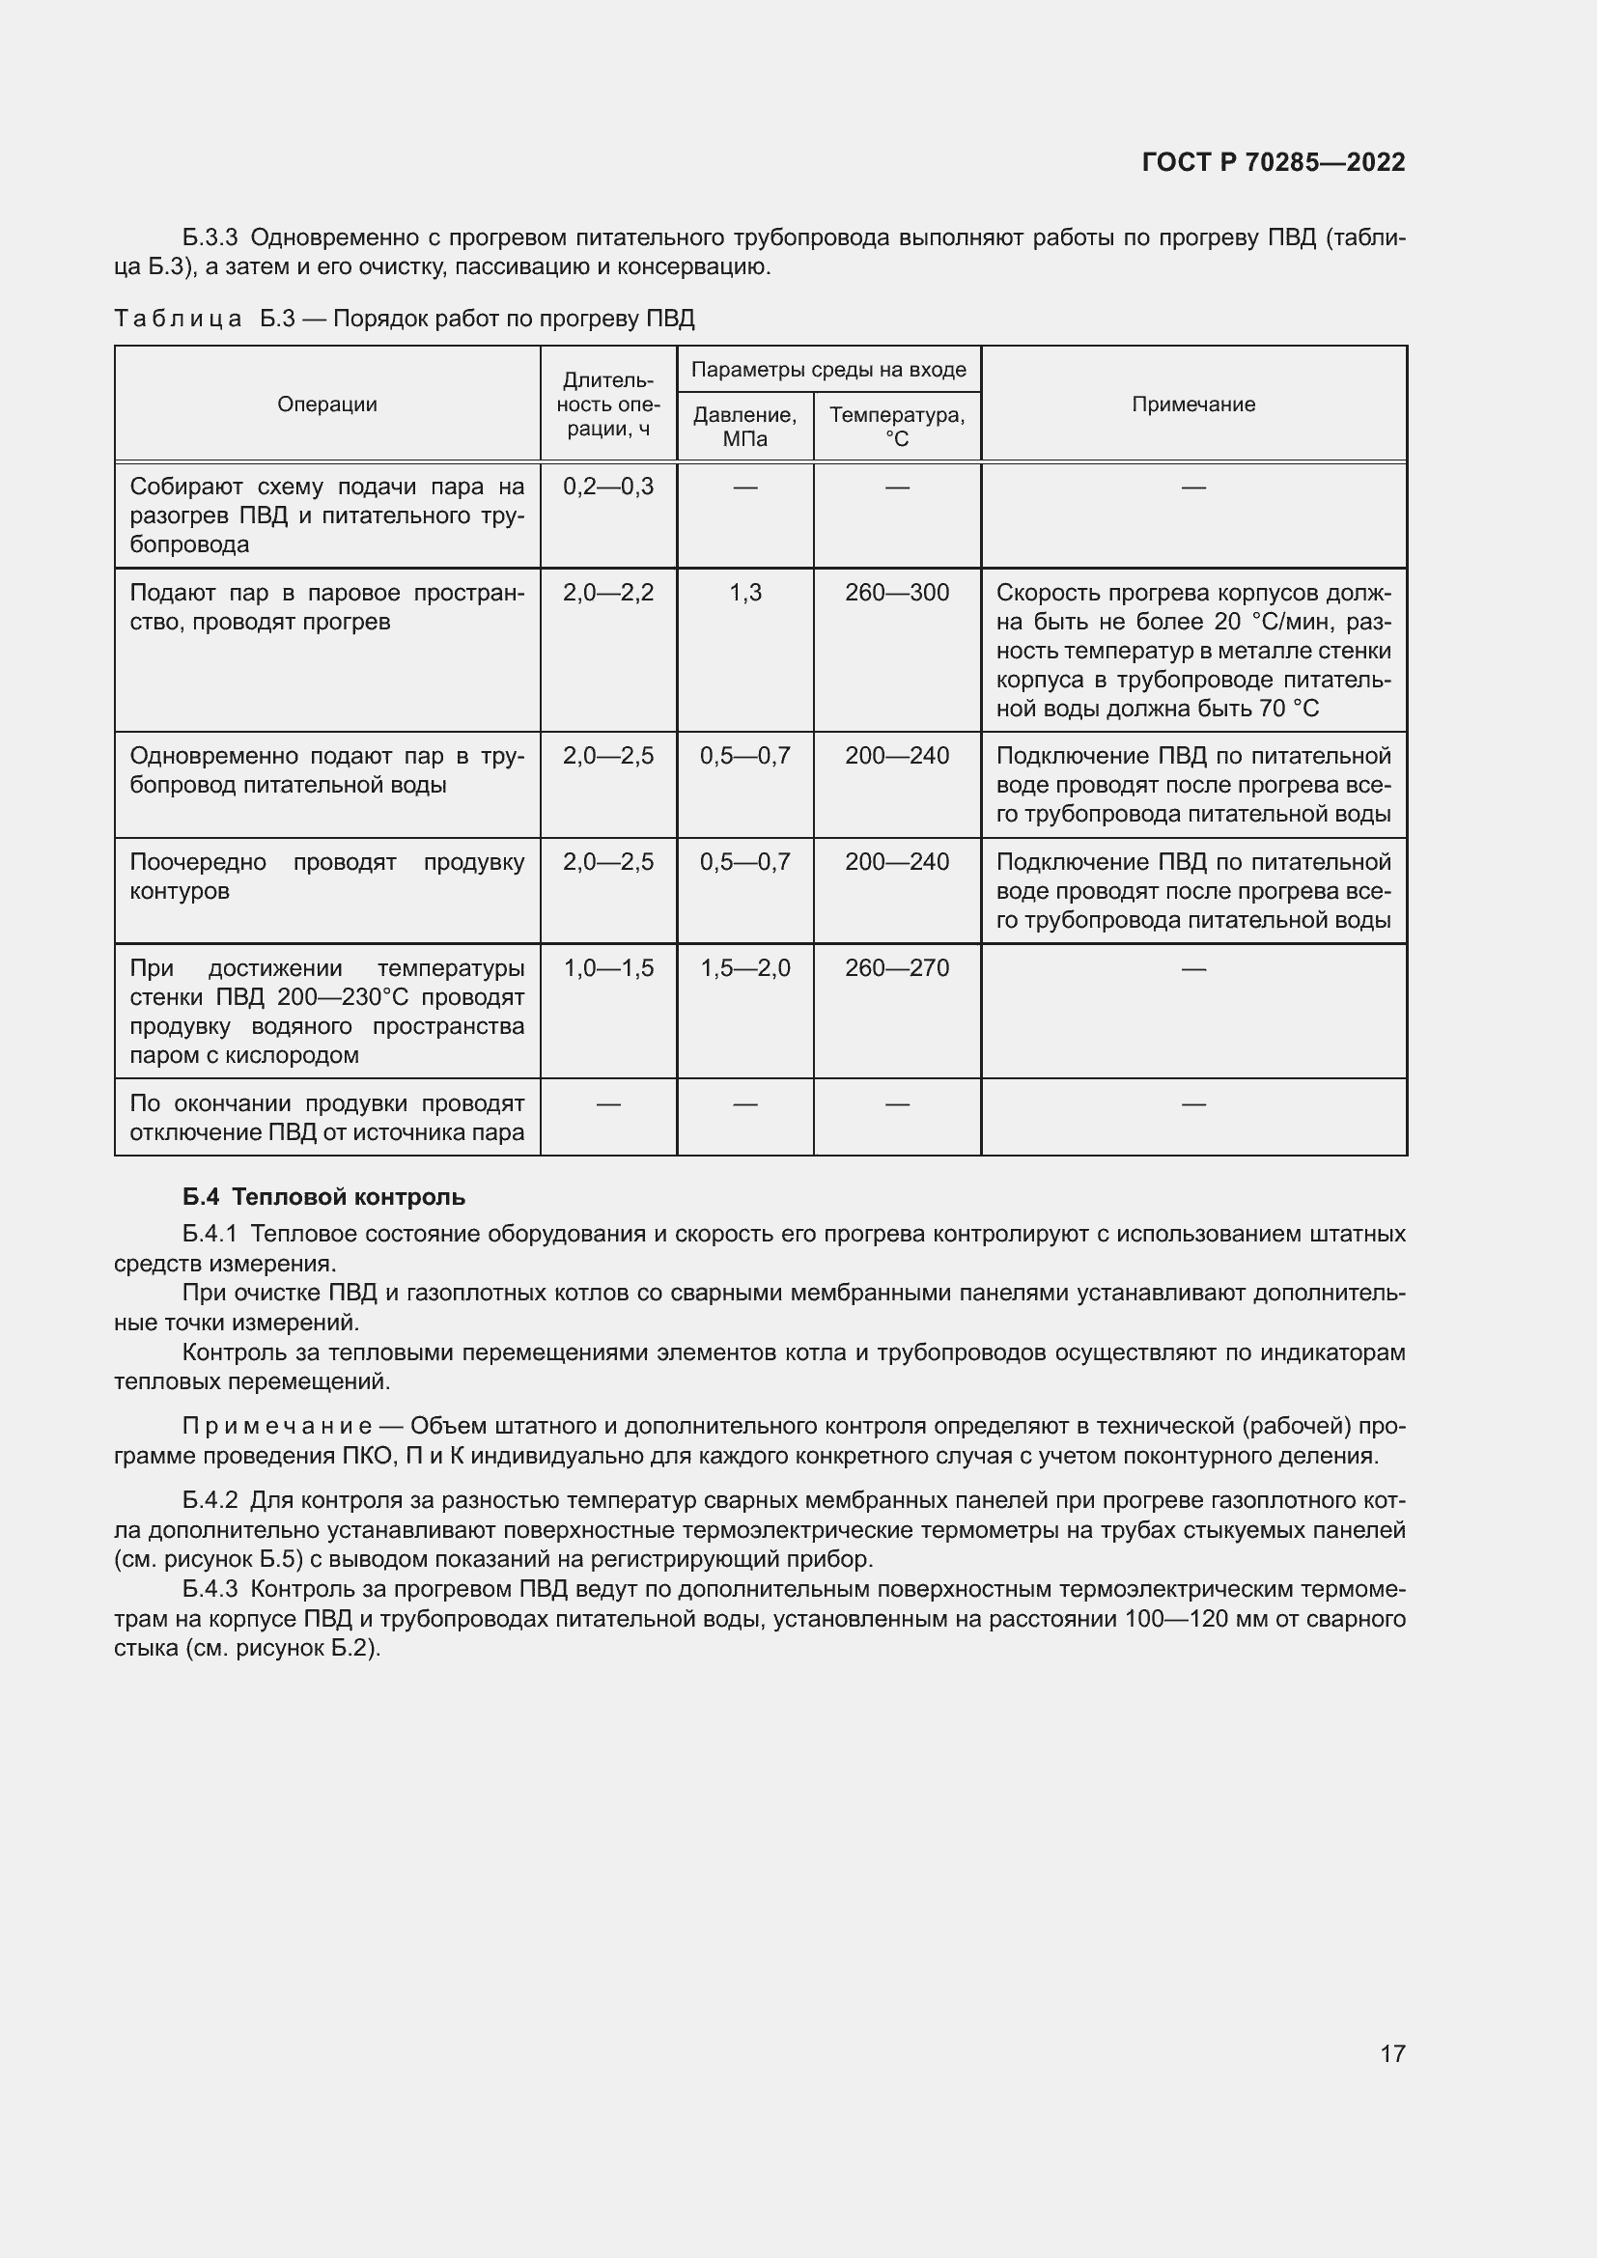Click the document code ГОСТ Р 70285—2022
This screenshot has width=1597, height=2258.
[x=1273, y=162]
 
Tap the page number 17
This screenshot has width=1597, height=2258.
[x=1391, y=2053]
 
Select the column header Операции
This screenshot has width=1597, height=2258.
[x=326, y=404]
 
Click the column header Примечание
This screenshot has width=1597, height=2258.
[x=1192, y=404]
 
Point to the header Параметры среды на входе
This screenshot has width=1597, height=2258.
[x=828, y=370]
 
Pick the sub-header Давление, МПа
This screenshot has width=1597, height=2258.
[x=744, y=427]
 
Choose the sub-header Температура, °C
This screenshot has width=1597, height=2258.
[x=897, y=427]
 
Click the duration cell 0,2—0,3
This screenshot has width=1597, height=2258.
[x=607, y=487]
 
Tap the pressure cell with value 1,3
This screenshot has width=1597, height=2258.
[x=744, y=593]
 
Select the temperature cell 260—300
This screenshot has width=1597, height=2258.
[x=897, y=593]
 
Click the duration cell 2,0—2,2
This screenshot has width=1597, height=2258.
[x=607, y=593]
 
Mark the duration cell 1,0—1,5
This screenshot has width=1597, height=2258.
[x=607, y=968]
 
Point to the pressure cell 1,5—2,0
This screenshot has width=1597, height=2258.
[x=744, y=968]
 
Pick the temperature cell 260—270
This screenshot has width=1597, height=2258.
[x=897, y=968]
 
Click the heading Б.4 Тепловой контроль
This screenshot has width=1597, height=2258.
[x=323, y=1197]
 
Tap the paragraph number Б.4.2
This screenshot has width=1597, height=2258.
[x=210, y=1500]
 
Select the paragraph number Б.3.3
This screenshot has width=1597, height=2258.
[x=210, y=238]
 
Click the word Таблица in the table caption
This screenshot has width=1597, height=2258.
[x=178, y=319]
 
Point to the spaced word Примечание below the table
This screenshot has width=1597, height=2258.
[x=276, y=1426]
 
